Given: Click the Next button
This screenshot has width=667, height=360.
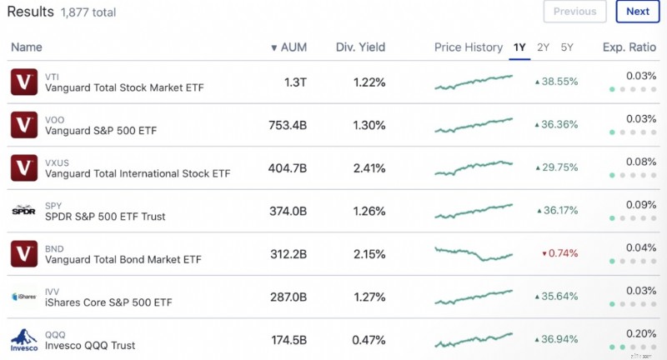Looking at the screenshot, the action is tap(638, 12).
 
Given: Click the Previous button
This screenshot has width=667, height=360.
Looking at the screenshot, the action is tap(574, 12).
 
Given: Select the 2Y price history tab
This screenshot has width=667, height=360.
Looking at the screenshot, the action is tap(543, 47).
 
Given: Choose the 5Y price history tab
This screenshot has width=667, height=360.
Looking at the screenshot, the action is tap(567, 47).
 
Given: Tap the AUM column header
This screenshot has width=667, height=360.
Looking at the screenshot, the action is tap(288, 47).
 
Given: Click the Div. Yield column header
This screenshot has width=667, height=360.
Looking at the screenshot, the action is tap(360, 47).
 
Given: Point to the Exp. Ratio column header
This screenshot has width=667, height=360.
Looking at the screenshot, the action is tap(629, 47).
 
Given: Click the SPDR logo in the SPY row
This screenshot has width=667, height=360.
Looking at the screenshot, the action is tap(24, 210).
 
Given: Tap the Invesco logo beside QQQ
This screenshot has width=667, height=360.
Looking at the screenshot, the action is tap(24, 340).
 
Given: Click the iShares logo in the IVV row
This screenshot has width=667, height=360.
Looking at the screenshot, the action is tap(24, 296).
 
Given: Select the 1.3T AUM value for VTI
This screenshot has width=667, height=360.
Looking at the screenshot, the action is tap(295, 82).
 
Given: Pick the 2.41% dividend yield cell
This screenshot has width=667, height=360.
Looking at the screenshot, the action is tap(369, 168).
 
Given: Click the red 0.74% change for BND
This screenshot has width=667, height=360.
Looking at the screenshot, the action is tap(559, 253).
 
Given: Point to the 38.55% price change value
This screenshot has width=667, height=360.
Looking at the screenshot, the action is tap(556, 82).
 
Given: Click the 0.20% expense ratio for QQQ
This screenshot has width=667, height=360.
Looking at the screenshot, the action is tap(641, 333).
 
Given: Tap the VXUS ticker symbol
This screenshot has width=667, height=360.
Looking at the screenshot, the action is tap(57, 162).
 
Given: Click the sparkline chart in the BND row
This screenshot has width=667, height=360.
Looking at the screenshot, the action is tap(474, 253).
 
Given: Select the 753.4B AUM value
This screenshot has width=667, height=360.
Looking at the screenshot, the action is tap(288, 125).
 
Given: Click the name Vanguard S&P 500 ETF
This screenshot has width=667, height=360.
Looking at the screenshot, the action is tap(101, 131).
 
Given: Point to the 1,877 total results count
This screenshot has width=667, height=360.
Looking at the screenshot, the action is tap(88, 12).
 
